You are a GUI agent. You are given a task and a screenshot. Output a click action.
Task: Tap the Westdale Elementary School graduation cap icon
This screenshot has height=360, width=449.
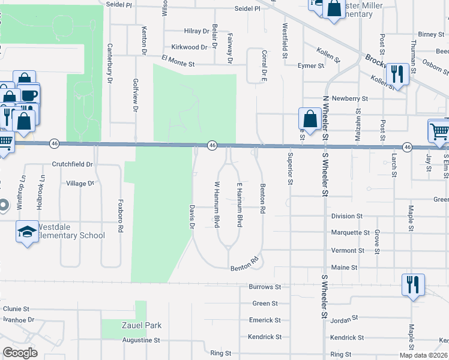tap(26, 233)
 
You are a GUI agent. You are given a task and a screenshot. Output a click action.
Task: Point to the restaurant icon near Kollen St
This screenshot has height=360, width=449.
tap(397, 74)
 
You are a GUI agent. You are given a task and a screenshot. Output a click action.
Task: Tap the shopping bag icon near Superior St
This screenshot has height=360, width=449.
tap(310, 119)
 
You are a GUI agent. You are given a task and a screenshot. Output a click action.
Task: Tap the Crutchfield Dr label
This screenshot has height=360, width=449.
tap(72, 164)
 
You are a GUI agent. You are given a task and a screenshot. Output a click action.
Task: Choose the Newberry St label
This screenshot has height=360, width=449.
tap(349, 98)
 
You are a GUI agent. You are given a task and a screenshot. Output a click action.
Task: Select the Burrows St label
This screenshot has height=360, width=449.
tap(265, 287)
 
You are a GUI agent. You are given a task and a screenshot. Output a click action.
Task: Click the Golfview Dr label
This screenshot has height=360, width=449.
tap(136, 95)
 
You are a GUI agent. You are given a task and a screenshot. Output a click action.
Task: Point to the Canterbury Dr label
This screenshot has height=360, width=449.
tap(110, 62)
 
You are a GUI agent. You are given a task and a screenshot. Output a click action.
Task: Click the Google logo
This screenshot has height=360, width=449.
tap(20, 353)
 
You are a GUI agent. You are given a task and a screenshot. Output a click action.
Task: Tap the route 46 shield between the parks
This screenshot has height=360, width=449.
tap(212, 145)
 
